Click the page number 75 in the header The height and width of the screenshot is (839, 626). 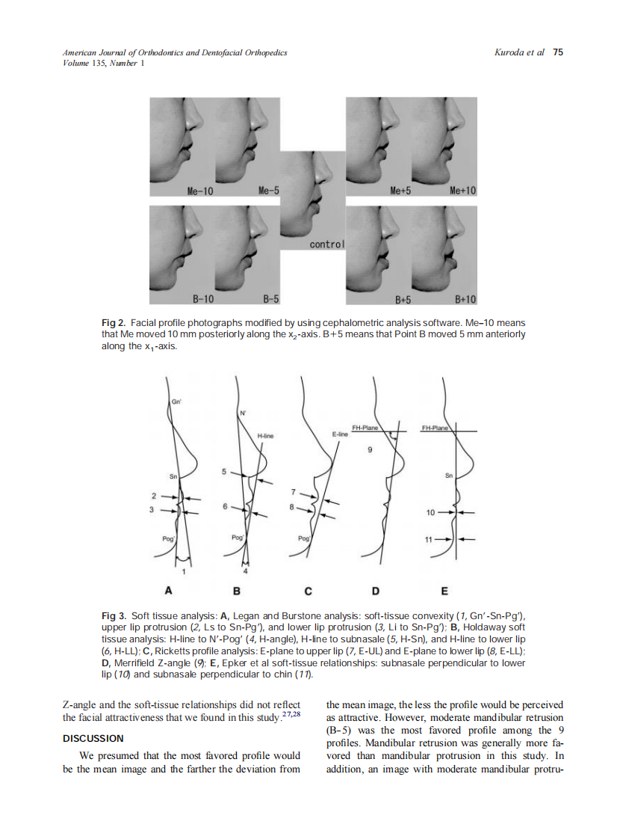point(558,52)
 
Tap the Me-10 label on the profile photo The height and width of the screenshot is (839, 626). point(200,191)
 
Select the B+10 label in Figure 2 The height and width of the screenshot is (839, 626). point(464,300)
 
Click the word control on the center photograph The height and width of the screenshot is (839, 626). point(326,245)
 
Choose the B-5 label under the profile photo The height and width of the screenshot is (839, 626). point(270,300)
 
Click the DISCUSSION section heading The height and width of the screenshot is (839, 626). point(93,738)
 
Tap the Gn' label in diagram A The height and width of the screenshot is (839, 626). point(177,402)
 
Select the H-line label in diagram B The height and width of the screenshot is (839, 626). point(266,435)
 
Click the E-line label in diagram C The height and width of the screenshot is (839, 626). point(341,433)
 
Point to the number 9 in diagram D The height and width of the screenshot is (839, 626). point(369,450)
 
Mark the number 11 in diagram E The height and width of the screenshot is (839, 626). point(430,538)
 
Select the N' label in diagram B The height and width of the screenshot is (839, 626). point(242,413)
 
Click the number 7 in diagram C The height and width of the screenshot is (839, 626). point(294,492)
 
